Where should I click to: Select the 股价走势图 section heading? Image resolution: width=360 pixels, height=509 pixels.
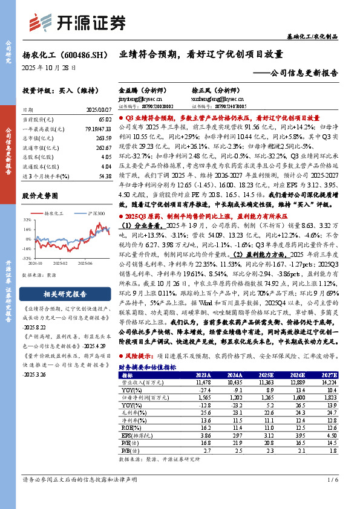41,196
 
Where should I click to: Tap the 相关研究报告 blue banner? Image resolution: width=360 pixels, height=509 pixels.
58,295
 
